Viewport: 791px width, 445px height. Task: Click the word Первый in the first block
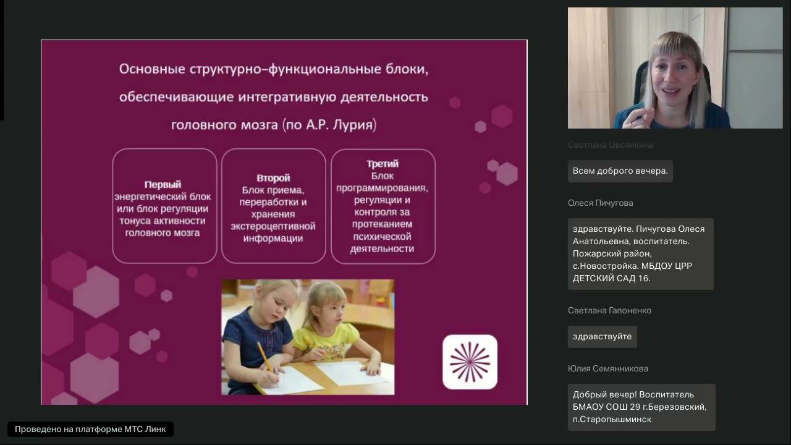(x=163, y=184)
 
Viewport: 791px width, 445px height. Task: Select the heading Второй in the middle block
(x=273, y=178)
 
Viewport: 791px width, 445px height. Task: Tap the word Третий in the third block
(x=382, y=164)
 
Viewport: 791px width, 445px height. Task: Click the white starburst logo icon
(x=470, y=362)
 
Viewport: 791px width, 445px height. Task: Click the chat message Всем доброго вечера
(x=620, y=171)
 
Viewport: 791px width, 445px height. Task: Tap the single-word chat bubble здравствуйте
(x=602, y=337)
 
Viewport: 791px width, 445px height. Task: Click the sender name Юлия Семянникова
(x=607, y=368)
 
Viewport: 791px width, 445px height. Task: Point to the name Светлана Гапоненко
(x=609, y=310)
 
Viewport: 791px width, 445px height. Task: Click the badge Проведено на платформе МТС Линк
(x=90, y=429)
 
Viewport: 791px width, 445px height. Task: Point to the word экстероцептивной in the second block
(x=273, y=226)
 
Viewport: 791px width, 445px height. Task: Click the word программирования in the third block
(x=382, y=188)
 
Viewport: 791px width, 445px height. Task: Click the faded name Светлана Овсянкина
(x=610, y=145)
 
